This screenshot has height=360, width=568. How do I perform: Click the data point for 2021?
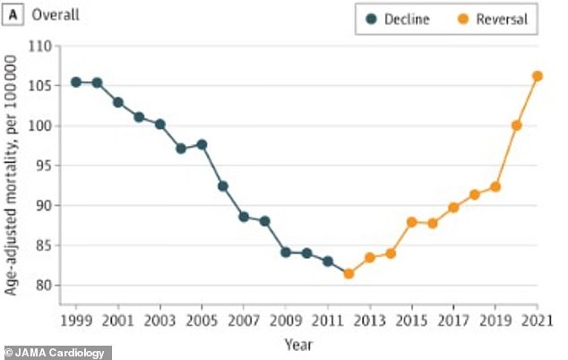click(538, 76)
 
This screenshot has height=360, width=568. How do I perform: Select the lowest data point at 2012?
click(349, 273)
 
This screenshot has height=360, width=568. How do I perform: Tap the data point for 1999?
click(76, 82)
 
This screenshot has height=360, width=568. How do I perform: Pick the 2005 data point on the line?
click(202, 144)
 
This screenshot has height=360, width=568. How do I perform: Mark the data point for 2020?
click(517, 125)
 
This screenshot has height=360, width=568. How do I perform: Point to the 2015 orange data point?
click(412, 222)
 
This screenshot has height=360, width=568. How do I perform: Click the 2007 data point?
click(244, 217)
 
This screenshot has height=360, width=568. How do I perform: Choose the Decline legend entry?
click(393, 19)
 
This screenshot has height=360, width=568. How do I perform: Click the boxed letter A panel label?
click(14, 15)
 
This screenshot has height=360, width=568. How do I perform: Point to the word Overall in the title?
click(55, 15)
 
